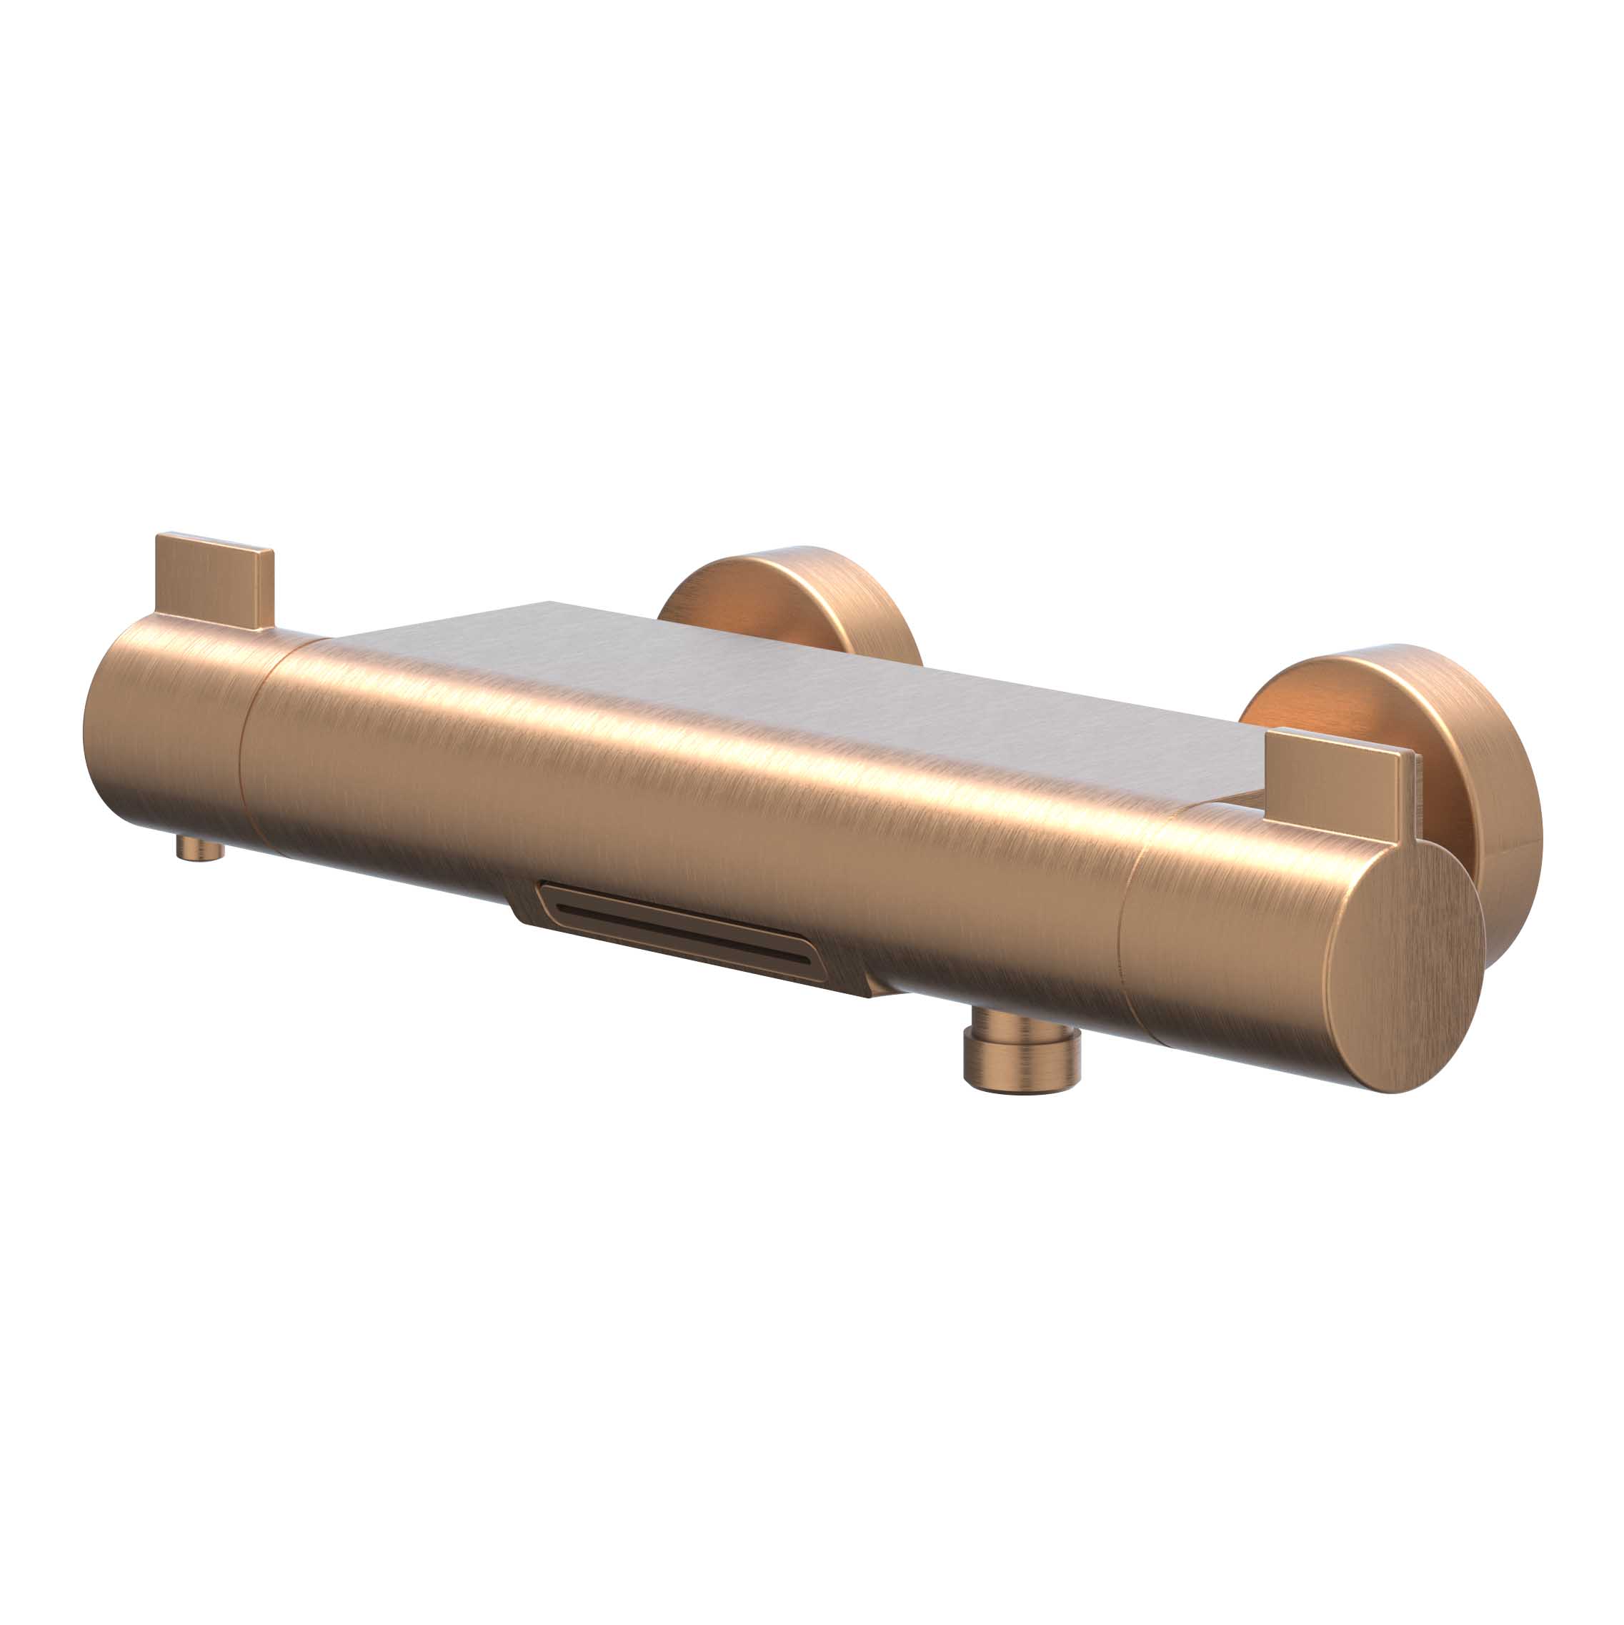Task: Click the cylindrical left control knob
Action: pos(164,732)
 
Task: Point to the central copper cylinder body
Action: pos(673,799)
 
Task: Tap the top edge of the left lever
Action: pos(215,542)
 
